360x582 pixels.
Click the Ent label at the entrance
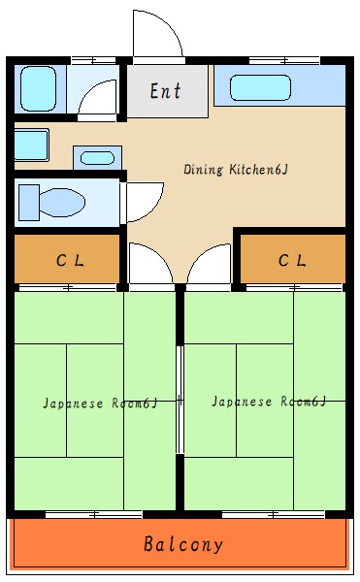[166, 92]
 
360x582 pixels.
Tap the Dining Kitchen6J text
[236, 170]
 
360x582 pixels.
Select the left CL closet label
[69, 260]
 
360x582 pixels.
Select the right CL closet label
[292, 260]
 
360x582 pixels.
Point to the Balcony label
[183, 544]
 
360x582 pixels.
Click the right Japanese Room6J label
[268, 401]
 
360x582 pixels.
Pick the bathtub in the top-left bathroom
[40, 88]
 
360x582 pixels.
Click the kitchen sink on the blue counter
[260, 88]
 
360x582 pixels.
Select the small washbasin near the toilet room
[97, 157]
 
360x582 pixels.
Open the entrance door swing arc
[158, 37]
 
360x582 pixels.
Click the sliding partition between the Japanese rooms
[179, 399]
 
